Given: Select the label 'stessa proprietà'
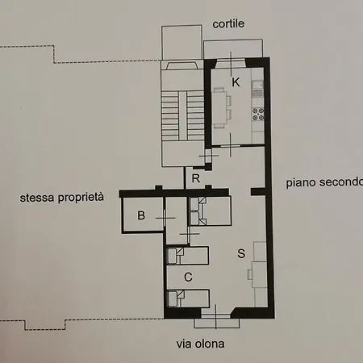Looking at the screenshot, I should pyautogui.click(x=62, y=196).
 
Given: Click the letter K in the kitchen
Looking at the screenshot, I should pyautogui.click(x=236, y=81).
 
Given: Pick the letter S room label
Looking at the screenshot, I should pyautogui.click(x=241, y=254).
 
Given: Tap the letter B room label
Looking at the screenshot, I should pyautogui.click(x=140, y=215).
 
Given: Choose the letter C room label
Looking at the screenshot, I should pyautogui.click(x=188, y=277).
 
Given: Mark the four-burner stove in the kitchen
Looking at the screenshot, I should pyautogui.click(x=260, y=114).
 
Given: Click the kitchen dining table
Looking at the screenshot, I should pyautogui.click(x=229, y=104).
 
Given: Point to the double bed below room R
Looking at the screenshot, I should pyautogui.click(x=209, y=211).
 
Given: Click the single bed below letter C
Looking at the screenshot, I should pyautogui.click(x=190, y=298).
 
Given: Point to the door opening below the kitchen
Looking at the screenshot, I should pyautogui.click(x=230, y=146).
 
